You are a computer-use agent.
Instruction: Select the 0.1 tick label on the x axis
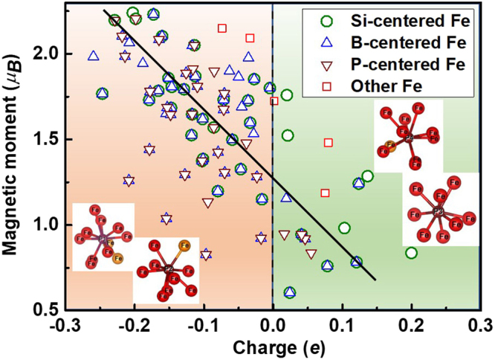pos(342,325)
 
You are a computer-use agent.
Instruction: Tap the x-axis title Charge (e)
pos(271,347)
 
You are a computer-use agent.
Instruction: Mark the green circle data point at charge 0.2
pos(411,253)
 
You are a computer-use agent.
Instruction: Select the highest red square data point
pos(222,29)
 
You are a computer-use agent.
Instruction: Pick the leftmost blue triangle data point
pos(93,56)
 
